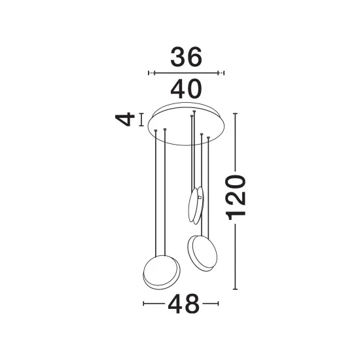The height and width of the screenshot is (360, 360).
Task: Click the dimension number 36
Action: pyautogui.click(x=186, y=57)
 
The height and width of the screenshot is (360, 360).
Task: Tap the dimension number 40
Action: pyautogui.click(x=186, y=88)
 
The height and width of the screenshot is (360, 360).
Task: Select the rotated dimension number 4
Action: pyautogui.click(x=125, y=119)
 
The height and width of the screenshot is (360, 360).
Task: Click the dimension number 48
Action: pyautogui.click(x=184, y=304)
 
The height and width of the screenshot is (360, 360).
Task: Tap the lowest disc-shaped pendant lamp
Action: pyautogui.click(x=162, y=272)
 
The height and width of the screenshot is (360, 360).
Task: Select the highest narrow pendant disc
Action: pyautogui.click(x=196, y=206)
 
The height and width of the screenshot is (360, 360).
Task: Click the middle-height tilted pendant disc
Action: pyautogui.click(x=202, y=253)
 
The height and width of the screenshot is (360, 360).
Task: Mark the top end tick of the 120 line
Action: pyautogui.click(x=235, y=113)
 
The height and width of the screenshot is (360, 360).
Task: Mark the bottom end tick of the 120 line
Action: pyautogui.click(x=235, y=289)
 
